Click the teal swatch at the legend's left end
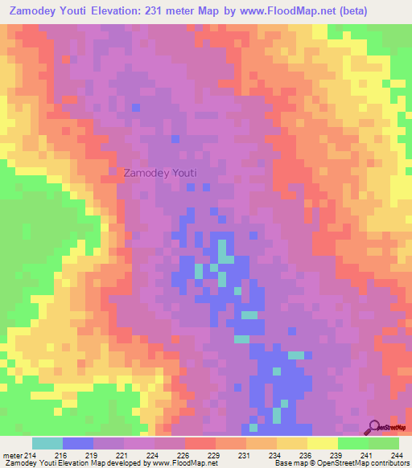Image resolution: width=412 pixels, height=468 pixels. point(47,443)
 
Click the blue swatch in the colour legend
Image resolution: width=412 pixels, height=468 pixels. point(78,443)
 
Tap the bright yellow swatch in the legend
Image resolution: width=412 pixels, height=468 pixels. point(323,443)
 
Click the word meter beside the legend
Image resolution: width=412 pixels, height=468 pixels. point(12,455)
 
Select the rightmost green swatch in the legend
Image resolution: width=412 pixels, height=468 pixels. point(384,443)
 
